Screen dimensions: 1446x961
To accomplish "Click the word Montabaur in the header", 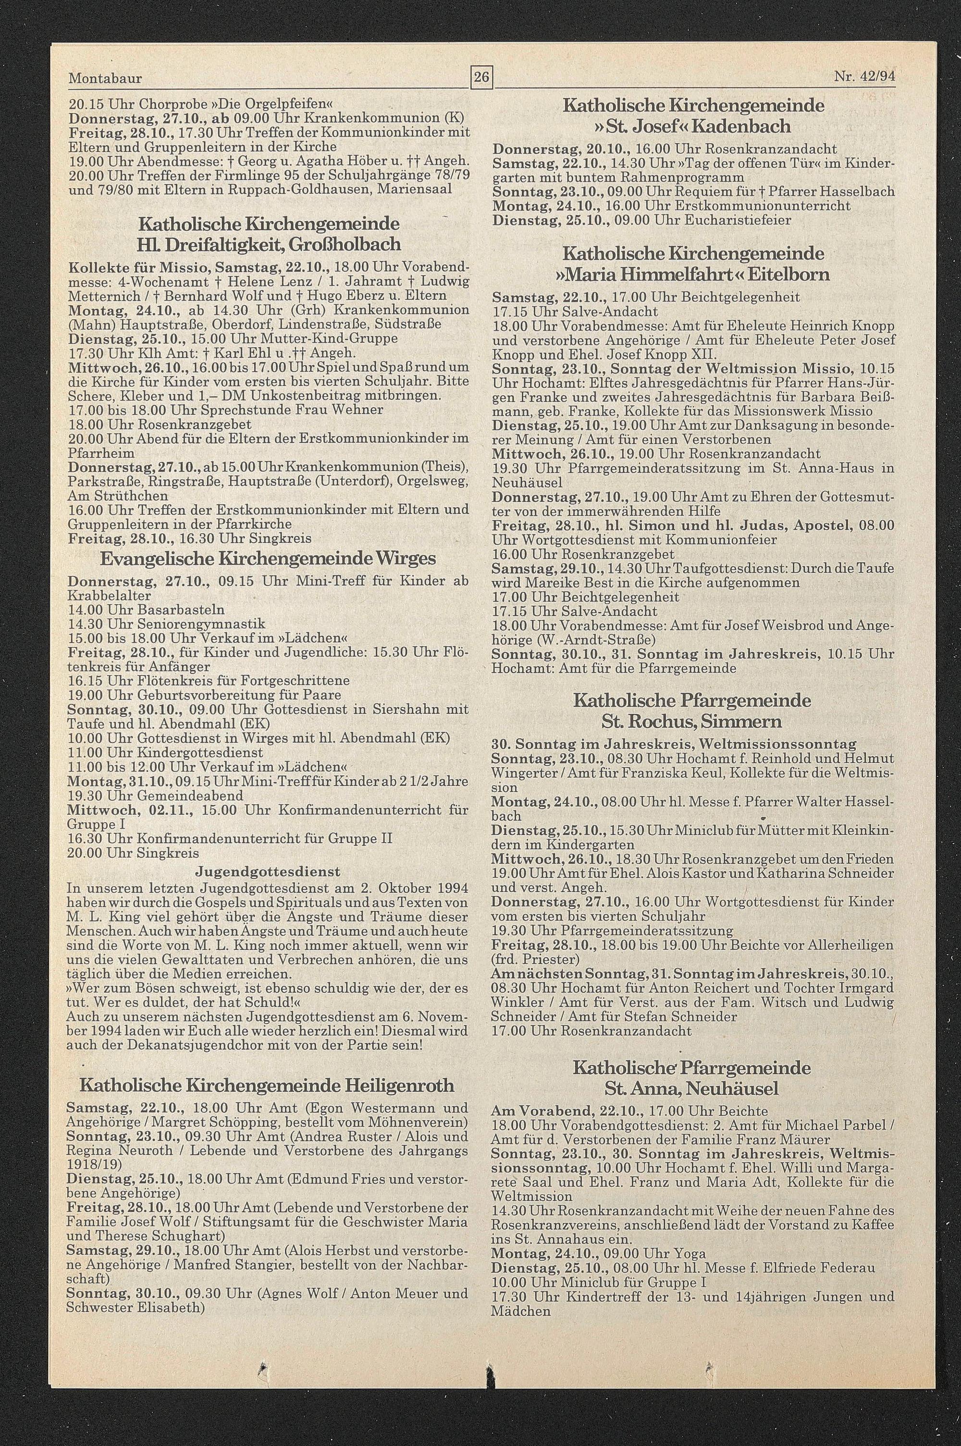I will (105, 78).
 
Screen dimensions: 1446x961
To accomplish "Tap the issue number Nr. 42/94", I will (864, 78).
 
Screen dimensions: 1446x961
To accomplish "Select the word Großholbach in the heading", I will (344, 245).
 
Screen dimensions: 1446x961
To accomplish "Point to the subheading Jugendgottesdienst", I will (267, 871).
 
